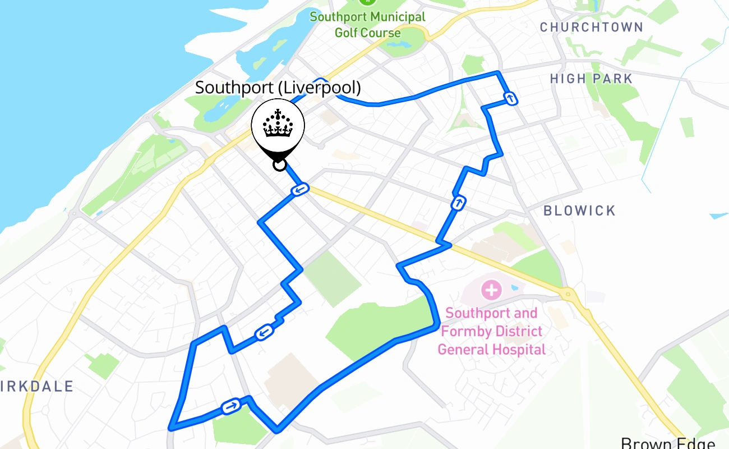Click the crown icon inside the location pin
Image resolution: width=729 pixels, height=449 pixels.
coord(278,125)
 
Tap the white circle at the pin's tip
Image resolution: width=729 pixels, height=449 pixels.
coord(279,164)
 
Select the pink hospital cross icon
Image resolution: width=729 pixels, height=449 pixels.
coord(491,290)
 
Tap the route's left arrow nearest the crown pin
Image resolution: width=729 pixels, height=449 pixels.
coord(300,190)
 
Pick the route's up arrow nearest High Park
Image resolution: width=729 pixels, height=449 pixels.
coord(510,99)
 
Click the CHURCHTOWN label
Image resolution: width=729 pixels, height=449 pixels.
coord(591,27)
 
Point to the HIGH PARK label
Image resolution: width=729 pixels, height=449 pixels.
coord(591,79)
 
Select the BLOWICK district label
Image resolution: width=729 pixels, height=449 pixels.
coord(579,210)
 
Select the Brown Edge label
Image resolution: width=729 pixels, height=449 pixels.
coord(667,443)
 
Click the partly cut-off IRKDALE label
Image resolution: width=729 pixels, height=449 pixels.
coord(37,386)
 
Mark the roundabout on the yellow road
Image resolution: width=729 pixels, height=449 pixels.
coord(569,293)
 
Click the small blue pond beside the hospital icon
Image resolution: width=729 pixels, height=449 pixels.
coord(515,287)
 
